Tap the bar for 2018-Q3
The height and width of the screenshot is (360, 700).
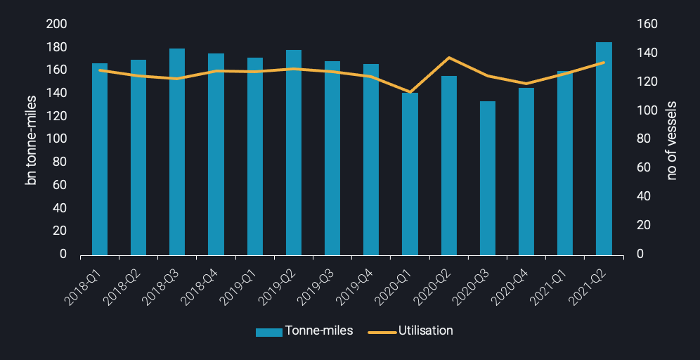(177, 151)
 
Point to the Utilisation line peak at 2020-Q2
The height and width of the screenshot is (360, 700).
(449, 58)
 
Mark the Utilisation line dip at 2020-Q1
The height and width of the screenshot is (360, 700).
(410, 92)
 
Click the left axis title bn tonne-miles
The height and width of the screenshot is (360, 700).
(31, 140)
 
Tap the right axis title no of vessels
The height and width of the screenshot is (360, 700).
(671, 140)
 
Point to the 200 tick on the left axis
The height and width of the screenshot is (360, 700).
(56, 24)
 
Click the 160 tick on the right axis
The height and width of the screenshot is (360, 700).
(647, 24)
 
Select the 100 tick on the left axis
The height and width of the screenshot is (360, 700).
(56, 139)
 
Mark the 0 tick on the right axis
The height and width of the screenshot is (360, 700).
(640, 254)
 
